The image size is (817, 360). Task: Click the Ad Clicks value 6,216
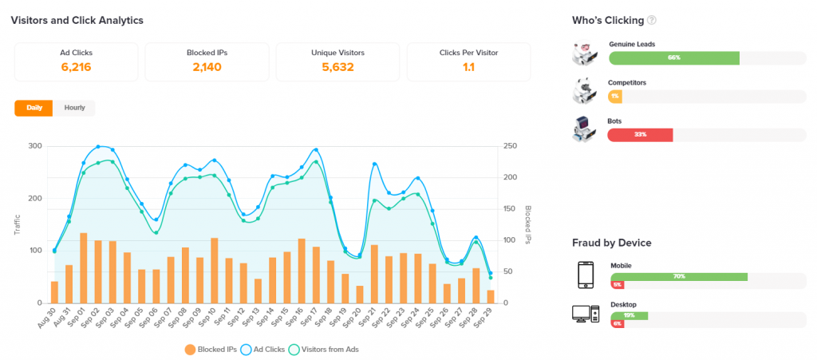[x=76, y=67]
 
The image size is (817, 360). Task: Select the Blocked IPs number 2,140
[x=207, y=67]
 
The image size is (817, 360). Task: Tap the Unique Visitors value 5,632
[x=337, y=67]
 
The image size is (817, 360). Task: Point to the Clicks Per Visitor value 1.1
[x=468, y=67]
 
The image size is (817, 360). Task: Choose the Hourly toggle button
[x=74, y=108]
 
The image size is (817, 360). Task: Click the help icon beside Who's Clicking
[x=652, y=20]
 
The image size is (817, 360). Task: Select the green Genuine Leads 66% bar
[x=673, y=57]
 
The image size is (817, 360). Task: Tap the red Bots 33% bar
[x=640, y=135]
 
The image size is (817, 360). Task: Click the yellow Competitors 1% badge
[x=615, y=96]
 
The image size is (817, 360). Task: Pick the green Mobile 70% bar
[x=678, y=276]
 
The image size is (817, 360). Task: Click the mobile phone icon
[x=585, y=275]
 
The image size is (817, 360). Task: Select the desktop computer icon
[x=585, y=314]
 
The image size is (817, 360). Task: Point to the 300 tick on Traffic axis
[x=34, y=146]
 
